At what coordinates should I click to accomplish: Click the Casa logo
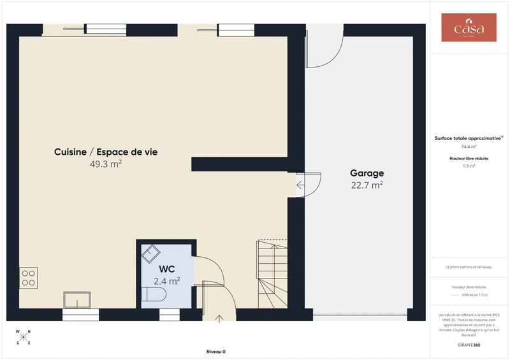click(469, 28)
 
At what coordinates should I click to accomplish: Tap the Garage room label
click(367, 173)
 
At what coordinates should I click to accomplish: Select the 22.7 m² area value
click(367, 185)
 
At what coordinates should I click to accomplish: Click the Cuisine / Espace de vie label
click(106, 152)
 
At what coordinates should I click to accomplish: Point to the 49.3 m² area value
click(106, 164)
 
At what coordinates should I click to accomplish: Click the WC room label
click(167, 269)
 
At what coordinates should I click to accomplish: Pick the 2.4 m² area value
click(167, 280)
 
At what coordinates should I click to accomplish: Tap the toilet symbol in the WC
click(154, 294)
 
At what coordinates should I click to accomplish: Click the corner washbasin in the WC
click(151, 254)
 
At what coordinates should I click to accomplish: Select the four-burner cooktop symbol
click(29, 278)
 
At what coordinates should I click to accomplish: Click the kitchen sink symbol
click(76, 299)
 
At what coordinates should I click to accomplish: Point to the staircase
click(272, 271)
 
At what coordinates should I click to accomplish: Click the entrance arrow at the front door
click(219, 318)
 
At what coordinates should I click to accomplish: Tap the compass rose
click(24, 337)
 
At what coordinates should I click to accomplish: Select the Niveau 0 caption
click(215, 352)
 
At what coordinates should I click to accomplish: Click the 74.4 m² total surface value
click(469, 147)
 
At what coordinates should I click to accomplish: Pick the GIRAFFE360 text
click(469, 345)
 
